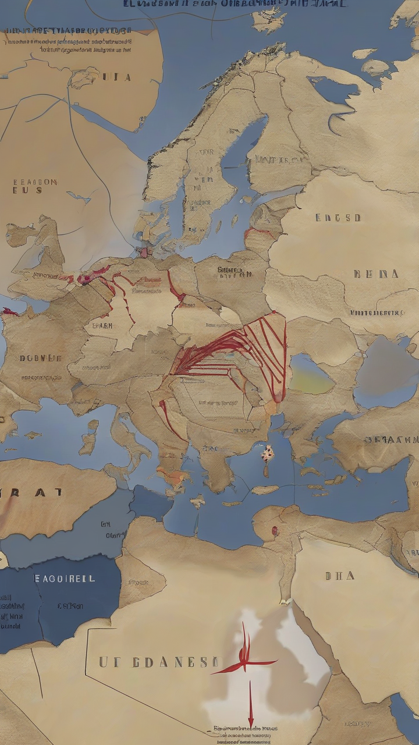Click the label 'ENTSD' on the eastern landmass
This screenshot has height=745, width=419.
click(338, 218)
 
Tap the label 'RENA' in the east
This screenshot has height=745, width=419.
click(376, 274)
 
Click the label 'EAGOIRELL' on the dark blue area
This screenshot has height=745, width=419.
click(65, 579)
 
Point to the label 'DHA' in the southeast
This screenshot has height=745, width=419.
click(340, 576)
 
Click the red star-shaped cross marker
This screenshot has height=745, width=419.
click(245, 661)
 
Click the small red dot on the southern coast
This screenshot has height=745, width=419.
click(274, 530)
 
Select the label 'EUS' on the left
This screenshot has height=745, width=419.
click(28, 190)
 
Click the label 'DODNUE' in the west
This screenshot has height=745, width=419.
click(41, 358)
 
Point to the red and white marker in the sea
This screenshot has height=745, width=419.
click(267, 453)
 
